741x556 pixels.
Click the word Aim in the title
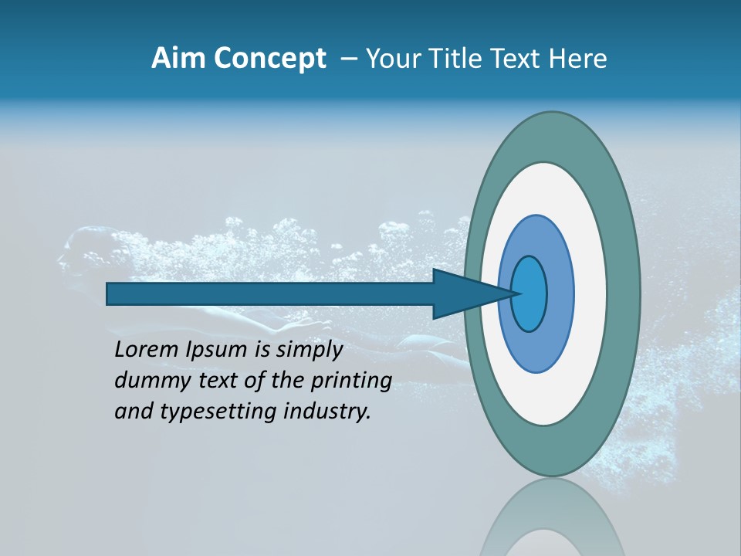pos(177,59)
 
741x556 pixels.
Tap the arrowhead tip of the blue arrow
pos(519,293)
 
